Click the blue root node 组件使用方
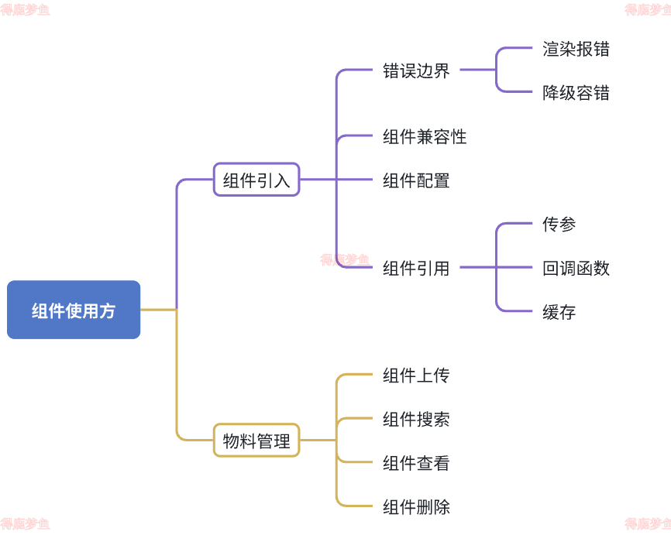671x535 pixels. (74, 310)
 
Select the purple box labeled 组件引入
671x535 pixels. (256, 180)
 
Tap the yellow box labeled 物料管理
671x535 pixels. (256, 441)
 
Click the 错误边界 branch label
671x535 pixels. (416, 71)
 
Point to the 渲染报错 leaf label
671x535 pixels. (576, 49)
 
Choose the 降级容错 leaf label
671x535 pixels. (576, 93)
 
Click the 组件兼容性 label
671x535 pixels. (425, 137)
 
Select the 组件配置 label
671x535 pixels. (416, 180)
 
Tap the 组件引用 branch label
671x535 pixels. (416, 269)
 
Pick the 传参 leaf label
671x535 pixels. (559, 225)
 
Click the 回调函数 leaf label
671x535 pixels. (576, 269)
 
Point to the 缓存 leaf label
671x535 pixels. (559, 313)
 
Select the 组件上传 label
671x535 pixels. (416, 376)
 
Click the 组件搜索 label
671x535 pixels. (416, 420)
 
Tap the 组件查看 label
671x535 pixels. (416, 464)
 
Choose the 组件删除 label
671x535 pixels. (416, 507)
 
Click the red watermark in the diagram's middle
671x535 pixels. (345, 260)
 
